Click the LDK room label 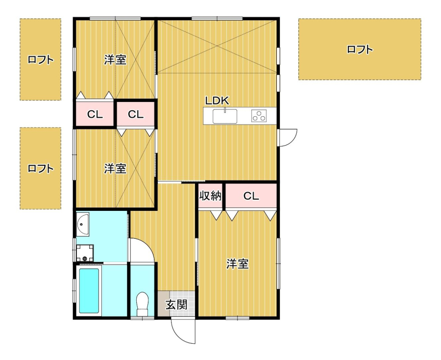coord(217,101)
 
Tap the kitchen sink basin coord(225,116)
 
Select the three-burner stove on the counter coord(259,116)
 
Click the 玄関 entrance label coord(176,305)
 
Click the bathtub coord(89,291)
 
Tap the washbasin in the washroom coord(83,224)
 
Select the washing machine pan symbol coord(85,253)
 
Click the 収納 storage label coord(210,196)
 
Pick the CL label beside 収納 coord(251,196)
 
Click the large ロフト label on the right coord(360,50)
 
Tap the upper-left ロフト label coord(41,60)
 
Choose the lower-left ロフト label coord(41,169)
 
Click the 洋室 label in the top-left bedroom coord(115,60)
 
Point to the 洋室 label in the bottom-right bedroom coord(238,264)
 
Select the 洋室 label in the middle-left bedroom coord(115,169)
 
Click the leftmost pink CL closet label coord(95,115)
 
